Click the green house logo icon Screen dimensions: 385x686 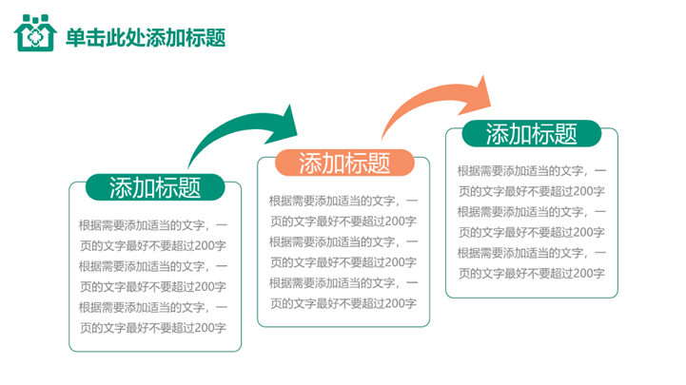35,36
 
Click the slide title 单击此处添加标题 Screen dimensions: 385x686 146,37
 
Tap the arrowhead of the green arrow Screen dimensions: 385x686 283,122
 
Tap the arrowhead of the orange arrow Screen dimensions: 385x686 480,92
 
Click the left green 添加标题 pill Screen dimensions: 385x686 155,187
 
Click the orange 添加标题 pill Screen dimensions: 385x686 344,164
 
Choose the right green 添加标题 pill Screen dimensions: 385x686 532,134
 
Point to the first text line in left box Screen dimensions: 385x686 153,225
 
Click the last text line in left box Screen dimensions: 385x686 152,328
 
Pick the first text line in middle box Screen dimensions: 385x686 343,201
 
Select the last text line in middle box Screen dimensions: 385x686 343,303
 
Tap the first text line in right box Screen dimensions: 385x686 531,171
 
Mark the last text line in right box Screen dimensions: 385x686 531,273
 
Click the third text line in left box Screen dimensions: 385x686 153,266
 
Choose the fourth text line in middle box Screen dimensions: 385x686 343,262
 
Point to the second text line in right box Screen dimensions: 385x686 531,191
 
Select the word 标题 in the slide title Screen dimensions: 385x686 206,37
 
